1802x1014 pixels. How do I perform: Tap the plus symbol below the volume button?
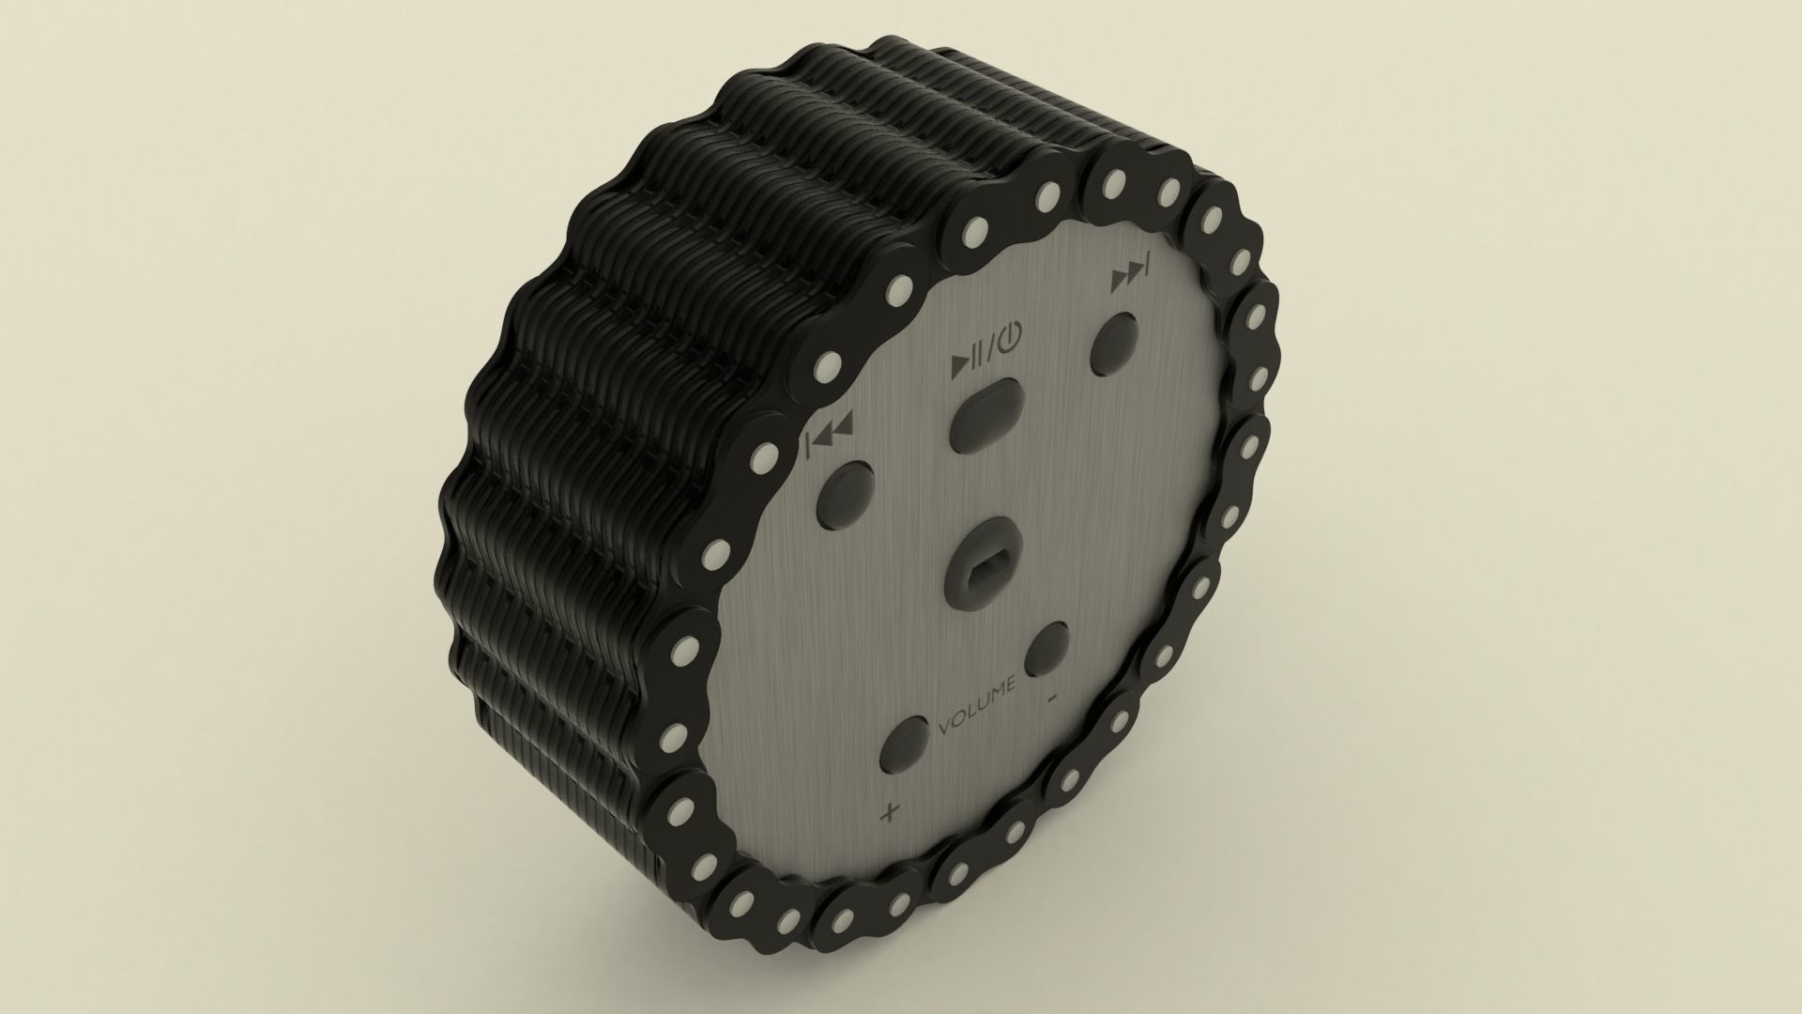[x=888, y=812]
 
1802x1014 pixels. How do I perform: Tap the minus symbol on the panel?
[x=1054, y=697]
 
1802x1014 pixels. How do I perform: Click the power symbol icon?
[x=1005, y=336]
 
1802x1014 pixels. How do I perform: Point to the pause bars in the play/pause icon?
[x=976, y=354]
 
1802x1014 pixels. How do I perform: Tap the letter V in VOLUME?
[x=944, y=728]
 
